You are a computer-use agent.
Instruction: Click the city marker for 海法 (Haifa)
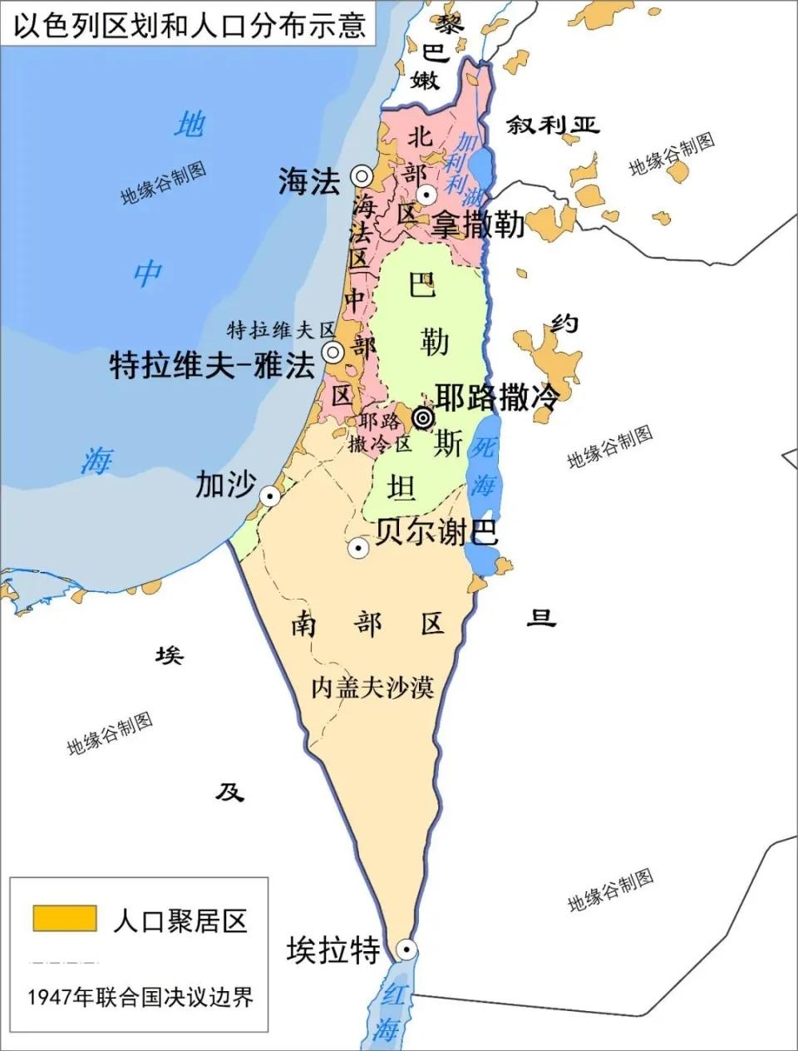coord(361,175)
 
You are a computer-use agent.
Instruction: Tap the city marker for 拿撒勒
coord(426,195)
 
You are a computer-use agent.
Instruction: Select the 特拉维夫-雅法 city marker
coord(333,353)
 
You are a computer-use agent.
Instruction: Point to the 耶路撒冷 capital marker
coord(423,417)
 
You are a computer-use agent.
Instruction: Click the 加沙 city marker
coord(270,496)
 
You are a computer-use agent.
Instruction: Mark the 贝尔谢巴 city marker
coord(358,547)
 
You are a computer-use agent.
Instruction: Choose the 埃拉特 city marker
coord(406,950)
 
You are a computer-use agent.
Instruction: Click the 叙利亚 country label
coord(554,125)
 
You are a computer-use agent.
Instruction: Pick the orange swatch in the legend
coord(64,919)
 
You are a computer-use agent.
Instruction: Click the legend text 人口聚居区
coord(180,920)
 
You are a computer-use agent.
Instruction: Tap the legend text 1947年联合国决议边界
coord(140,996)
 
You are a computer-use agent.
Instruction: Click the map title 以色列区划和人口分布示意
coord(188,22)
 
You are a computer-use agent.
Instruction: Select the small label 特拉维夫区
coord(280,329)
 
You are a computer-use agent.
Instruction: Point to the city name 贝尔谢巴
coord(436,531)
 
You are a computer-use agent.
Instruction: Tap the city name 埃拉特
coord(332,949)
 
